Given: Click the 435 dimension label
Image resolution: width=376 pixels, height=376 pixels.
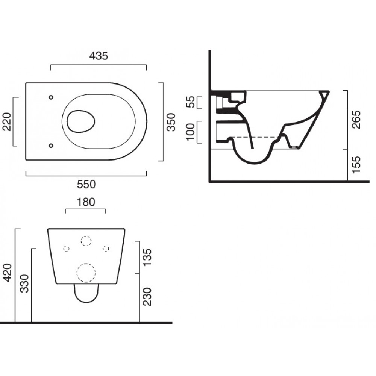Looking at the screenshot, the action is pyautogui.click(x=99, y=56).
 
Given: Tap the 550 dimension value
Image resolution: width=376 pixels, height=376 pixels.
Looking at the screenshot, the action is pyautogui.click(x=86, y=184).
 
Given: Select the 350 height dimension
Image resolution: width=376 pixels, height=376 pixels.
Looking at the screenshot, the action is pyautogui.click(x=171, y=122).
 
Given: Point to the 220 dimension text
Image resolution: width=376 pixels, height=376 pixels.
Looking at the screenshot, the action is pyautogui.click(x=7, y=121).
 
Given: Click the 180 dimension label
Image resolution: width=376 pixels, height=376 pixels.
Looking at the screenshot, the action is pyautogui.click(x=86, y=202).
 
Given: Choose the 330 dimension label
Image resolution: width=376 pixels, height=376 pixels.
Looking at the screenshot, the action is pyautogui.click(x=24, y=284).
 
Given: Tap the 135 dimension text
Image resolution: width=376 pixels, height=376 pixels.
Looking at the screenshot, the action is pyautogui.click(x=147, y=257).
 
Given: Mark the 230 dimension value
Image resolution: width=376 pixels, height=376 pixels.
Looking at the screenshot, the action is pyautogui.click(x=147, y=297).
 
